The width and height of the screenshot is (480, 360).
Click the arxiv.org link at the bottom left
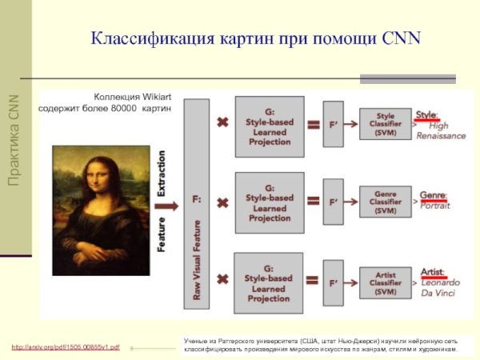pyautogui.click(x=66, y=347)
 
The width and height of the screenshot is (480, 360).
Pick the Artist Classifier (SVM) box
pyautogui.click(x=386, y=282)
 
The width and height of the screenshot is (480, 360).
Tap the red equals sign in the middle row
pyautogui.click(x=314, y=202)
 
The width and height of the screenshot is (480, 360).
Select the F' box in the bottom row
pyautogui.click(x=333, y=282)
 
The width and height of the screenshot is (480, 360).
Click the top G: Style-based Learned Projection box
pyautogui.click(x=269, y=126)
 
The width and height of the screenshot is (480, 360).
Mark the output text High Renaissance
pyautogui.click(x=440, y=130)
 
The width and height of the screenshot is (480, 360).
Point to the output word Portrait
pyautogui.click(x=436, y=206)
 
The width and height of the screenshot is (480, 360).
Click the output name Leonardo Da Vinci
pyautogui.click(x=442, y=288)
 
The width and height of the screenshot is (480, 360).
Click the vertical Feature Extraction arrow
pyautogui.click(x=162, y=200)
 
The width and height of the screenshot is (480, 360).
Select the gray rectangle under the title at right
pyautogui.click(x=407, y=78)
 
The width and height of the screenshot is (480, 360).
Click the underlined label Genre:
pyautogui.click(x=433, y=194)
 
